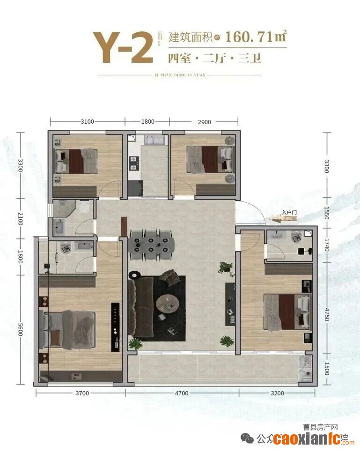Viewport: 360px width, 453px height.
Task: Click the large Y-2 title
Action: pos(123,47)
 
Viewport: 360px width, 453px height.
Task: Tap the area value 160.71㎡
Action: pos(256,36)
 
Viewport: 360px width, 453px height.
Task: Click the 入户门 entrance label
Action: pos(289,213)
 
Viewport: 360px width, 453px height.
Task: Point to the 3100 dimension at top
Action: pos(87,122)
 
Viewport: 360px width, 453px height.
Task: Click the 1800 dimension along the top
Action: pos(147,122)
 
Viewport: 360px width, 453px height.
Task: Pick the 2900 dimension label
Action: pos(204,122)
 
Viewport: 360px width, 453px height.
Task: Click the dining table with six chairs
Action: pos(151,244)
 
